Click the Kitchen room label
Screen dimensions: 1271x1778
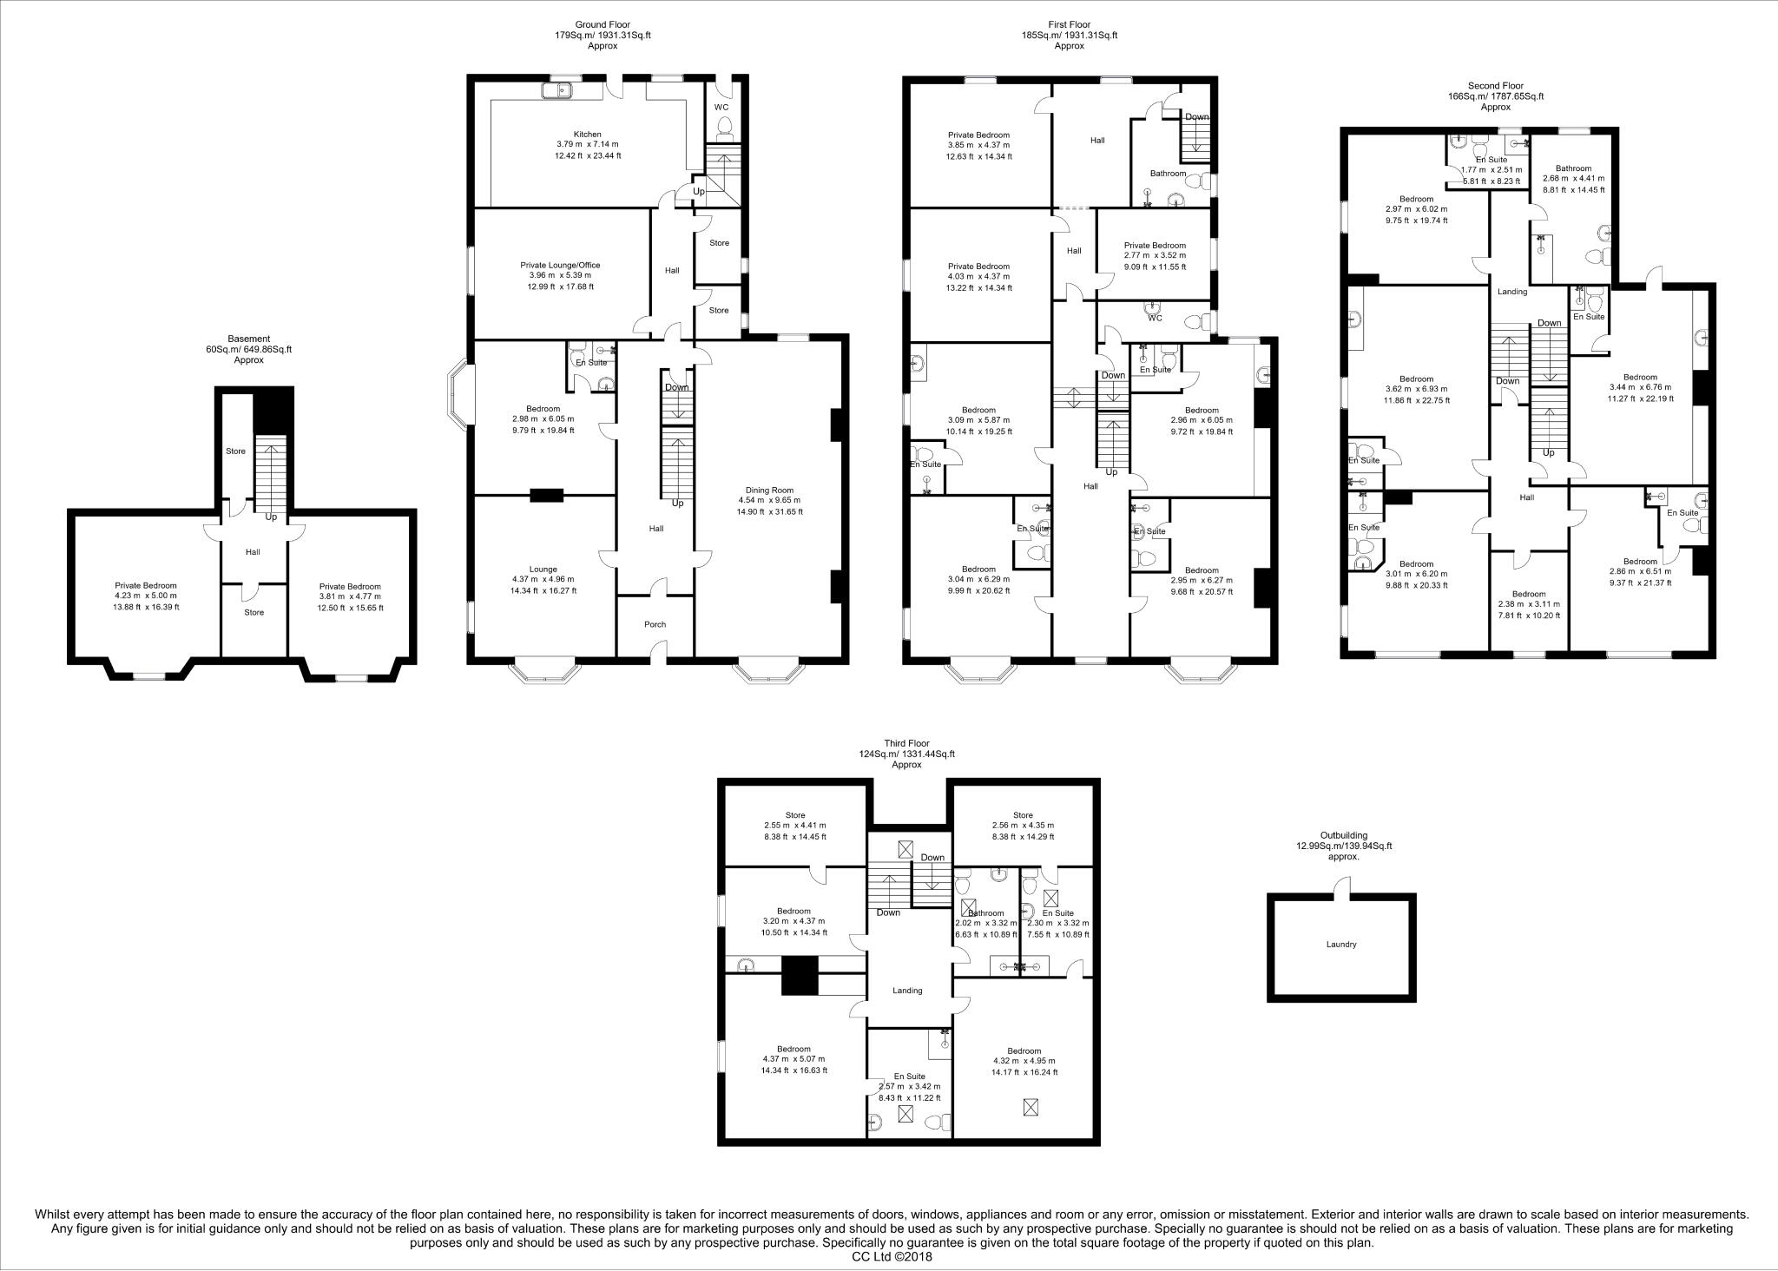pyautogui.click(x=588, y=135)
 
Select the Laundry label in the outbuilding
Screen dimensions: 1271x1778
pyautogui.click(x=1340, y=945)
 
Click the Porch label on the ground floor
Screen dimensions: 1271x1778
pyautogui.click(x=655, y=624)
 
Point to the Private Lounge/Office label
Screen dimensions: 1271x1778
pyautogui.click(x=560, y=266)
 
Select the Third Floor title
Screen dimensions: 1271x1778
pyautogui.click(x=906, y=743)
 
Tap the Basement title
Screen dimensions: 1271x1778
pyautogui.click(x=249, y=339)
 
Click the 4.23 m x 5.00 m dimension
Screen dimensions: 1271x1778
pyautogui.click(x=146, y=596)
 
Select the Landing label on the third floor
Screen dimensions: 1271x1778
pyautogui.click(x=907, y=991)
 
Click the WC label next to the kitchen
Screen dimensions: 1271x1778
pyautogui.click(x=721, y=108)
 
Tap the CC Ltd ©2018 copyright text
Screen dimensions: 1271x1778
pyautogui.click(x=888, y=1255)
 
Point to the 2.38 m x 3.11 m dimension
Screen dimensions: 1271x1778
pyautogui.click(x=1529, y=604)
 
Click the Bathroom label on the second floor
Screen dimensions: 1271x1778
pyautogui.click(x=1573, y=168)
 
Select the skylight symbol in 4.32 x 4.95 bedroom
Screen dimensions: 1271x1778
pyautogui.click(x=1031, y=1107)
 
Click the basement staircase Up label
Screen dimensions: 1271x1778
pyautogui.click(x=271, y=517)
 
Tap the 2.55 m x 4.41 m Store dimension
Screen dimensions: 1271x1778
pyautogui.click(x=794, y=826)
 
